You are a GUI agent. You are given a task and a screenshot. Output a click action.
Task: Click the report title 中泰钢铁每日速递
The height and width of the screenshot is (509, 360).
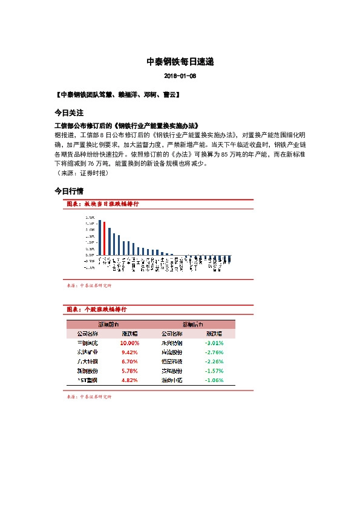[180, 62]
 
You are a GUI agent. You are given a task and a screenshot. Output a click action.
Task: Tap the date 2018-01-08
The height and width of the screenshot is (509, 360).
[180, 76]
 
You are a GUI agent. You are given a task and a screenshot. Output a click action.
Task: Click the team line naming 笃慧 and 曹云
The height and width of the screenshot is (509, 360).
[116, 96]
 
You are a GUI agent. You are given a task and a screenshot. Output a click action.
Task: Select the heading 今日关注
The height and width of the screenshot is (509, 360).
[68, 113]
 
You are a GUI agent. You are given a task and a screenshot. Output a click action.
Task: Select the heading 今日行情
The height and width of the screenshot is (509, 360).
[68, 190]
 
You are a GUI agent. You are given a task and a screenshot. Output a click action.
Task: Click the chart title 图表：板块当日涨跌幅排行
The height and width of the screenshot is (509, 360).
[102, 204]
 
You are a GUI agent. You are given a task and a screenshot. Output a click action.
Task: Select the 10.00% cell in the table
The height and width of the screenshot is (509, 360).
[129, 343]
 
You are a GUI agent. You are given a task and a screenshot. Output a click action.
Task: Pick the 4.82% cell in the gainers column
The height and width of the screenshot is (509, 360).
[129, 380]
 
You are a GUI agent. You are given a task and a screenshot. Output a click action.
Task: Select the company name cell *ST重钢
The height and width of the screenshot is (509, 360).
[88, 380]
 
